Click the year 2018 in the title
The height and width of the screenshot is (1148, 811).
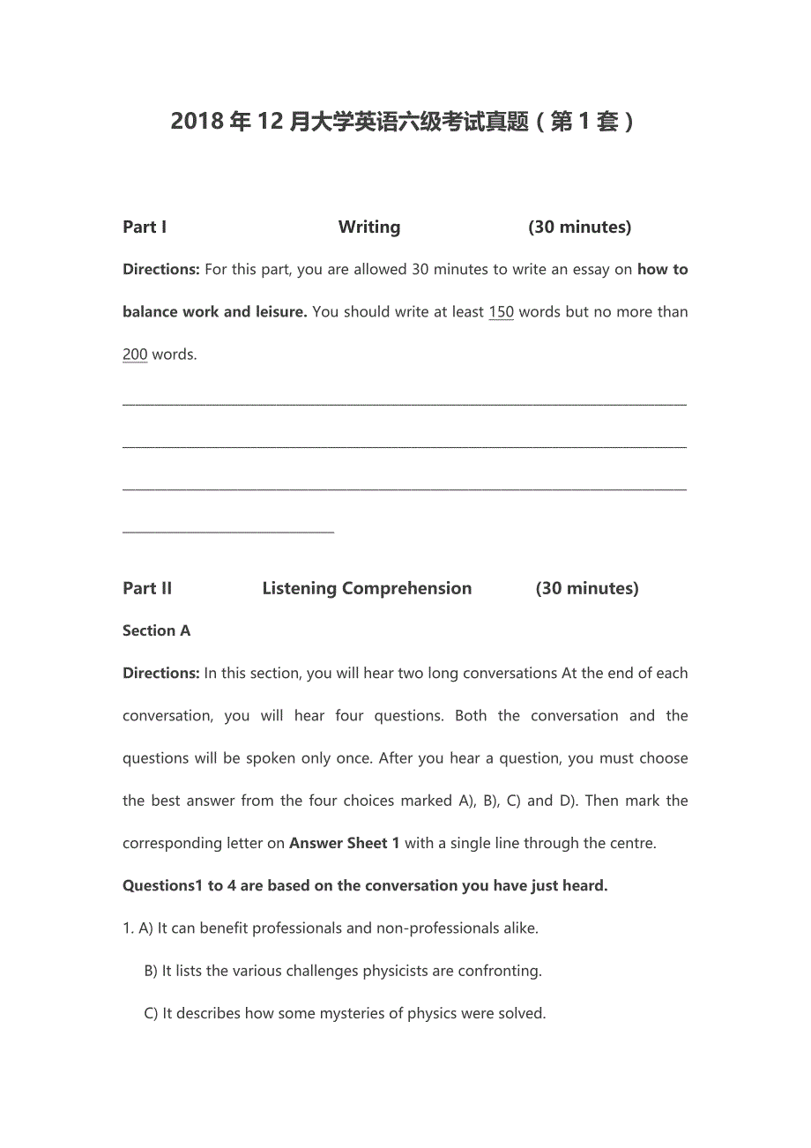tap(197, 122)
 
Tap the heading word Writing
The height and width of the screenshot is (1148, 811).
tap(369, 227)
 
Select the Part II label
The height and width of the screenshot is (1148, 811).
tap(147, 588)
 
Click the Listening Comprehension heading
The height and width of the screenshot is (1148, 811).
tap(367, 588)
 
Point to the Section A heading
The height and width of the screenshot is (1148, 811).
tap(156, 630)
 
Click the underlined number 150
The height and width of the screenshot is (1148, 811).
tap(501, 312)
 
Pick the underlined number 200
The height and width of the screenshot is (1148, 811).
tap(135, 354)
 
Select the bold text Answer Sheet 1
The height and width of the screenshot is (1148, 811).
tap(345, 843)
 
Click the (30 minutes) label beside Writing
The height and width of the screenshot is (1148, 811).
tap(580, 227)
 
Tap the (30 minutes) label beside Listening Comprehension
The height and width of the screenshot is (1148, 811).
tap(587, 588)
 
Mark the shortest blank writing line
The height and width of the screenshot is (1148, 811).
tap(228, 532)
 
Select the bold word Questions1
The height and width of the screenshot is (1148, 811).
tap(163, 885)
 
